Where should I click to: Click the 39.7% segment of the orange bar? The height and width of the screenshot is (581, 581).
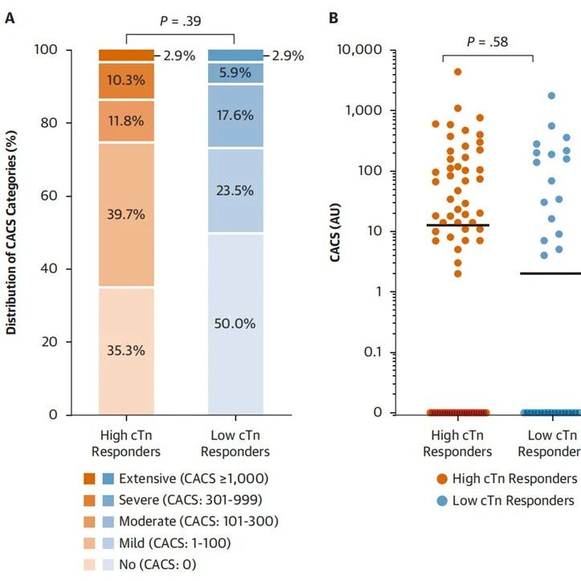coord(126,215)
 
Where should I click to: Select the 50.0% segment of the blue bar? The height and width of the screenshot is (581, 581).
coord(235,324)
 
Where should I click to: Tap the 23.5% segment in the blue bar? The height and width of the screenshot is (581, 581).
coord(235,190)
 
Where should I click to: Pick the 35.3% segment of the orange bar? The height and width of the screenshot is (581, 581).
coord(126,350)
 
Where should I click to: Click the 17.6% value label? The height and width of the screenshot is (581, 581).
coord(235,115)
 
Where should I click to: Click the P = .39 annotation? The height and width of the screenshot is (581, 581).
coord(180,21)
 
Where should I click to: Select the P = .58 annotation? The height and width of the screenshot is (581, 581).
coord(488,41)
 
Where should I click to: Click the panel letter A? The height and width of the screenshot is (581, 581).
coord(10,18)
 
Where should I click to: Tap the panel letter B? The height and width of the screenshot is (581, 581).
coord(333,18)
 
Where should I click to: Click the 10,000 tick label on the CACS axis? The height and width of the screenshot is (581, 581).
coord(359,51)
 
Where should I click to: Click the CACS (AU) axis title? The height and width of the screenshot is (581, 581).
coord(338,231)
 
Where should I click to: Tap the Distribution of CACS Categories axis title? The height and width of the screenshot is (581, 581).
coord(12,233)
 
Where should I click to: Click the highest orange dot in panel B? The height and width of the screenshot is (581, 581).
coord(457,72)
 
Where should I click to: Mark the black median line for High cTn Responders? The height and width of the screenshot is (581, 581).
coord(457,225)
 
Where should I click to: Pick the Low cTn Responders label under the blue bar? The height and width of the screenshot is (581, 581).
coord(235,444)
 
